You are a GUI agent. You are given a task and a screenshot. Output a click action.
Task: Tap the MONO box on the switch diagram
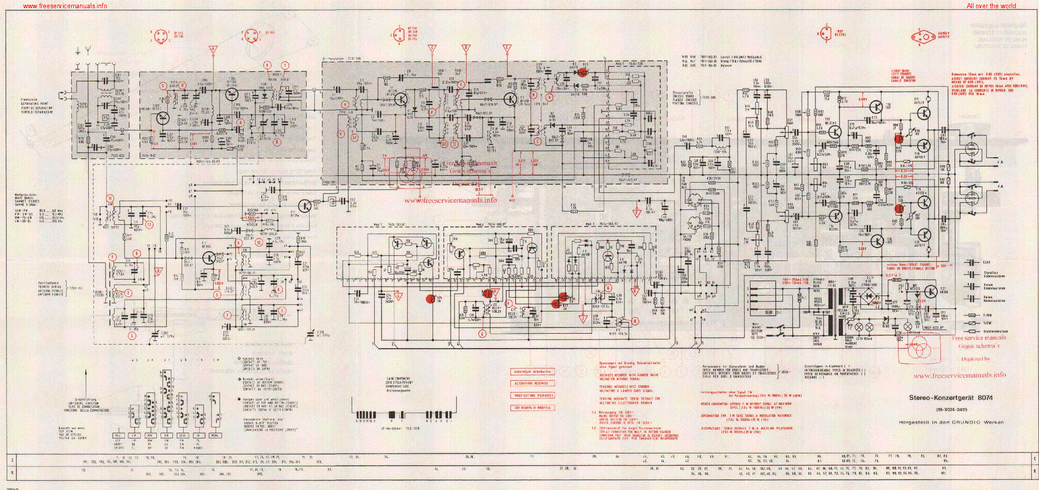point(214,436)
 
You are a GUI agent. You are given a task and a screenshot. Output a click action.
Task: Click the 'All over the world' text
point(991,6)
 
